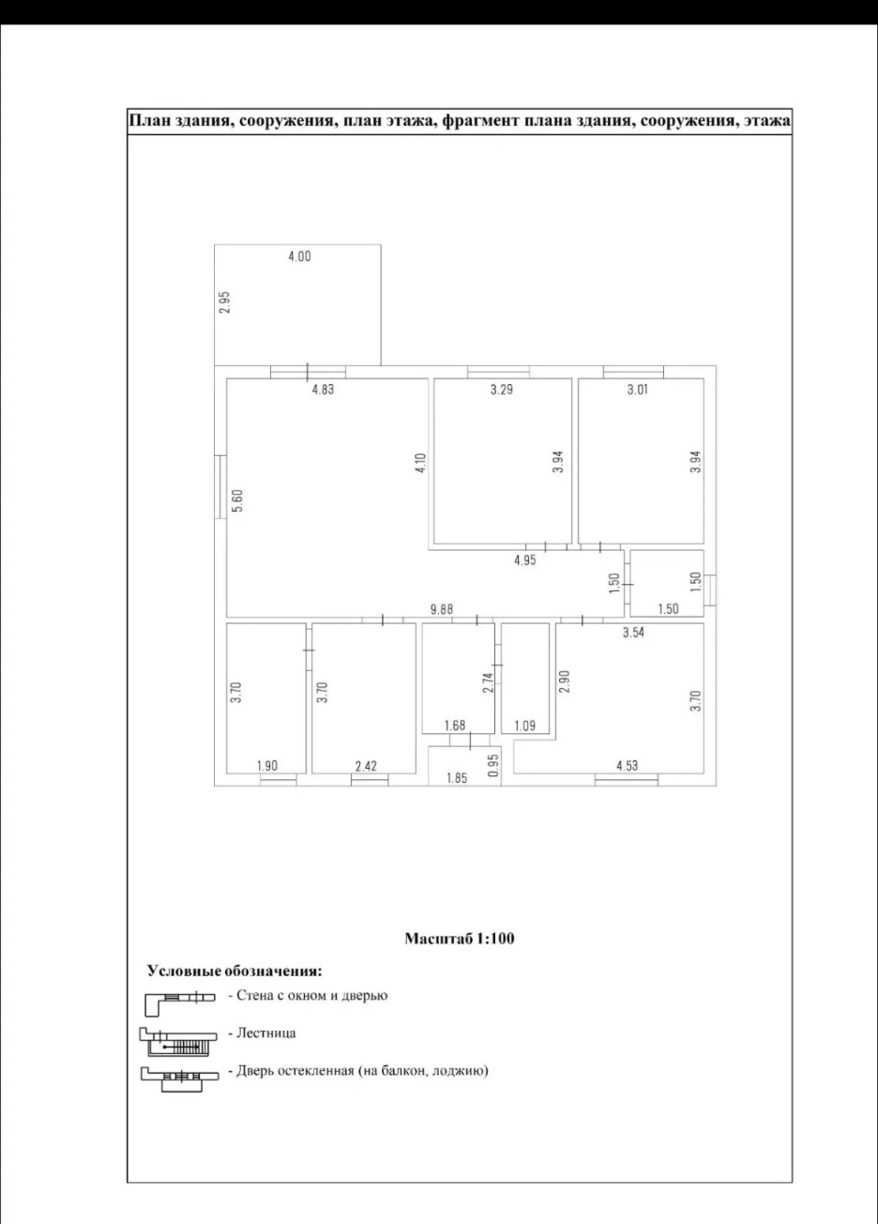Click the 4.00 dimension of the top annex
(x=299, y=255)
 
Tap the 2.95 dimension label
(x=225, y=302)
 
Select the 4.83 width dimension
(x=322, y=390)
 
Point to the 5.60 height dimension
(x=237, y=500)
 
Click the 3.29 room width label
(x=501, y=390)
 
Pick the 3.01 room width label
(x=637, y=390)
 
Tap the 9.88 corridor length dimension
(x=441, y=609)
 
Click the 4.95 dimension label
(x=524, y=560)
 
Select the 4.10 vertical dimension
(x=420, y=463)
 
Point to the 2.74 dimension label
(x=488, y=683)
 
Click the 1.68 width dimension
(x=455, y=726)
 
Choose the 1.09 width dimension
(x=524, y=727)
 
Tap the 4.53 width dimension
(x=627, y=766)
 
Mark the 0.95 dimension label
(x=493, y=766)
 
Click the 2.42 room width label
(x=366, y=766)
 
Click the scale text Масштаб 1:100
(x=460, y=939)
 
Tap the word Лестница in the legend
(x=265, y=1033)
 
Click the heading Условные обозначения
(x=235, y=971)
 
